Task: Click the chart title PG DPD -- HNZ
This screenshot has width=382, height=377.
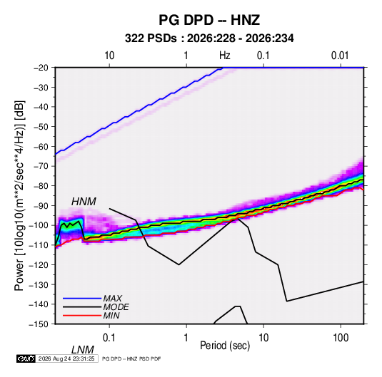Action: click(209, 20)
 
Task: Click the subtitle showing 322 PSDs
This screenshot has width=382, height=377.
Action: click(209, 38)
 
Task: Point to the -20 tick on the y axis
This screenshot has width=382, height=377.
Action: click(41, 68)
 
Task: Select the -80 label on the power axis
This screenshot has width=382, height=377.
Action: click(41, 186)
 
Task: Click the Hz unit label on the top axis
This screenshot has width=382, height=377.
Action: click(225, 56)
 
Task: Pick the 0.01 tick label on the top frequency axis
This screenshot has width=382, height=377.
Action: click(340, 56)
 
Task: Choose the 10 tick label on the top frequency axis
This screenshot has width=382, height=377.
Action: click(109, 56)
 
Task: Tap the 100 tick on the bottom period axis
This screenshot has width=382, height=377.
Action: click(341, 338)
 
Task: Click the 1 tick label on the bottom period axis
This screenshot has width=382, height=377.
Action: click(186, 338)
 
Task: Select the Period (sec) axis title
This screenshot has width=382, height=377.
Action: click(225, 346)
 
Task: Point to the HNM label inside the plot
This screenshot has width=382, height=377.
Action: click(84, 202)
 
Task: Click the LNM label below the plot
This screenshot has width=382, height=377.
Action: click(83, 350)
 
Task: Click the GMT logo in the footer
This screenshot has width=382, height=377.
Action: click(26, 358)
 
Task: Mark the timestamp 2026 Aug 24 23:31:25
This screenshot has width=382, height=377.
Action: click(66, 358)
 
